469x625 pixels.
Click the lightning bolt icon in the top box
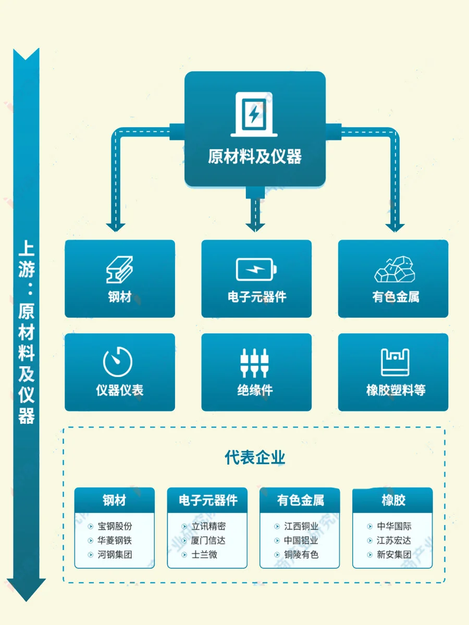(254, 114)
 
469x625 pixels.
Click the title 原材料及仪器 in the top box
(255, 156)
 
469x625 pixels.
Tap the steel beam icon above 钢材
(119, 269)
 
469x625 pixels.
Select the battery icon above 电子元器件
(256, 270)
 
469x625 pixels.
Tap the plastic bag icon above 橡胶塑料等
(395, 362)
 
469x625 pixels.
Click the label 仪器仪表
(119, 390)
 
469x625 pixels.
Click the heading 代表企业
(255, 458)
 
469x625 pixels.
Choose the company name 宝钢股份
(115, 527)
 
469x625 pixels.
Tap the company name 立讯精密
(208, 527)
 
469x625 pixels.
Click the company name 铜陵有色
(301, 555)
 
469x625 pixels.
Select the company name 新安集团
(394, 555)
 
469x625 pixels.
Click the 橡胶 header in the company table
(393, 501)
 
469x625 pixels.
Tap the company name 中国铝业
(301, 541)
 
